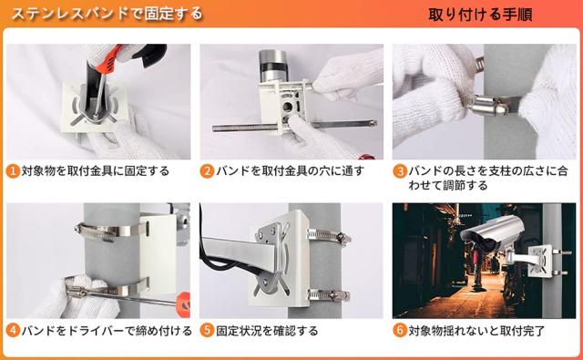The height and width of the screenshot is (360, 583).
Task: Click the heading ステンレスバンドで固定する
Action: pyautogui.click(x=107, y=14)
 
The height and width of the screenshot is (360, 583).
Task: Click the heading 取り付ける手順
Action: pyautogui.click(x=480, y=15)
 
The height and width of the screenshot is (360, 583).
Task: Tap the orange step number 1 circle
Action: pyautogui.click(x=13, y=171)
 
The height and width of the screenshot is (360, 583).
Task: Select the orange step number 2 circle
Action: pyautogui.click(x=207, y=171)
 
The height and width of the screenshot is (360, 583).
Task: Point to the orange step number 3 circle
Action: pyautogui.click(x=400, y=171)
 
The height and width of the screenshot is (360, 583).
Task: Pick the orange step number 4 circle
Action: pyautogui.click(x=13, y=331)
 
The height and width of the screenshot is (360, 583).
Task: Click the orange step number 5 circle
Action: pyautogui.click(x=207, y=331)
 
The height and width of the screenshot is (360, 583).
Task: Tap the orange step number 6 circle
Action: pyautogui.click(x=400, y=331)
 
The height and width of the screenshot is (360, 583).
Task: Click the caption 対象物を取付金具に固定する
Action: pyautogui.click(x=96, y=171)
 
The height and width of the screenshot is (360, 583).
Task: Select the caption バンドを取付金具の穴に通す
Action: pyautogui.click(x=290, y=171)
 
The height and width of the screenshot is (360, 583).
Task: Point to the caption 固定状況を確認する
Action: pyautogui.click(x=267, y=331)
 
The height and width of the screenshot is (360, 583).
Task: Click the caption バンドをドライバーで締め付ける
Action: pyautogui.click(x=107, y=331)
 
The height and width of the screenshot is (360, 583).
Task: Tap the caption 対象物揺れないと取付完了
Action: pyautogui.click(x=476, y=331)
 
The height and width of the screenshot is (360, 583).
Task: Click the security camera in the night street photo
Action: pyautogui.click(x=492, y=233)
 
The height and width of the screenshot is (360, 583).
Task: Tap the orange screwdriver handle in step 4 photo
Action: pyautogui.click(x=183, y=304)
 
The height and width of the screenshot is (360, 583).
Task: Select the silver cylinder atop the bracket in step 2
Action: pyautogui.click(x=273, y=66)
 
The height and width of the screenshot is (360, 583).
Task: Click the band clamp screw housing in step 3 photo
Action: pyautogui.click(x=488, y=105)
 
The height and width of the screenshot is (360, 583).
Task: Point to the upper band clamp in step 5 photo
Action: pyautogui.click(x=329, y=237)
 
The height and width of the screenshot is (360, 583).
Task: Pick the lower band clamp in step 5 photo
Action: pyautogui.click(x=329, y=295)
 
